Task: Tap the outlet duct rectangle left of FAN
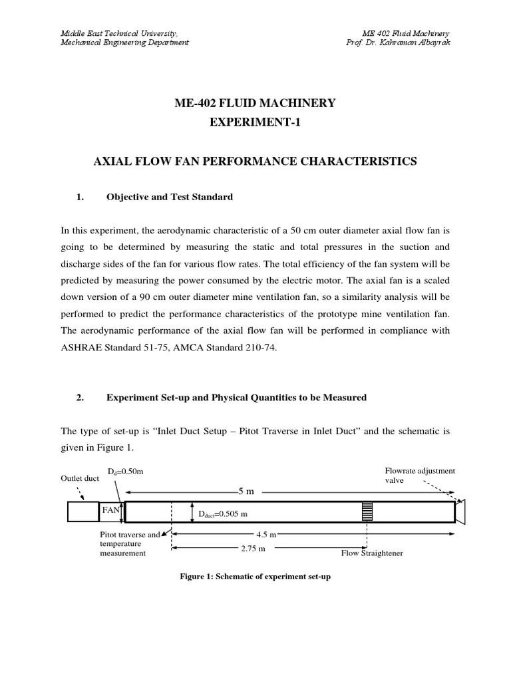point(83,512)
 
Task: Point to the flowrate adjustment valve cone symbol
point(460,511)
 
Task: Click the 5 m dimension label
point(246,491)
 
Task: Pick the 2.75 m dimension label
point(252,549)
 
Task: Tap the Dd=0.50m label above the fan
point(126,472)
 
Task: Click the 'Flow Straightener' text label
point(372,553)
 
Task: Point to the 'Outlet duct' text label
point(80,478)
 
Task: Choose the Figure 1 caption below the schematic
point(255,577)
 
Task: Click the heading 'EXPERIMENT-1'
point(255,124)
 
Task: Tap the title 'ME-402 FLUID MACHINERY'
point(255,102)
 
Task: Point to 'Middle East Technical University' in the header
point(119,33)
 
